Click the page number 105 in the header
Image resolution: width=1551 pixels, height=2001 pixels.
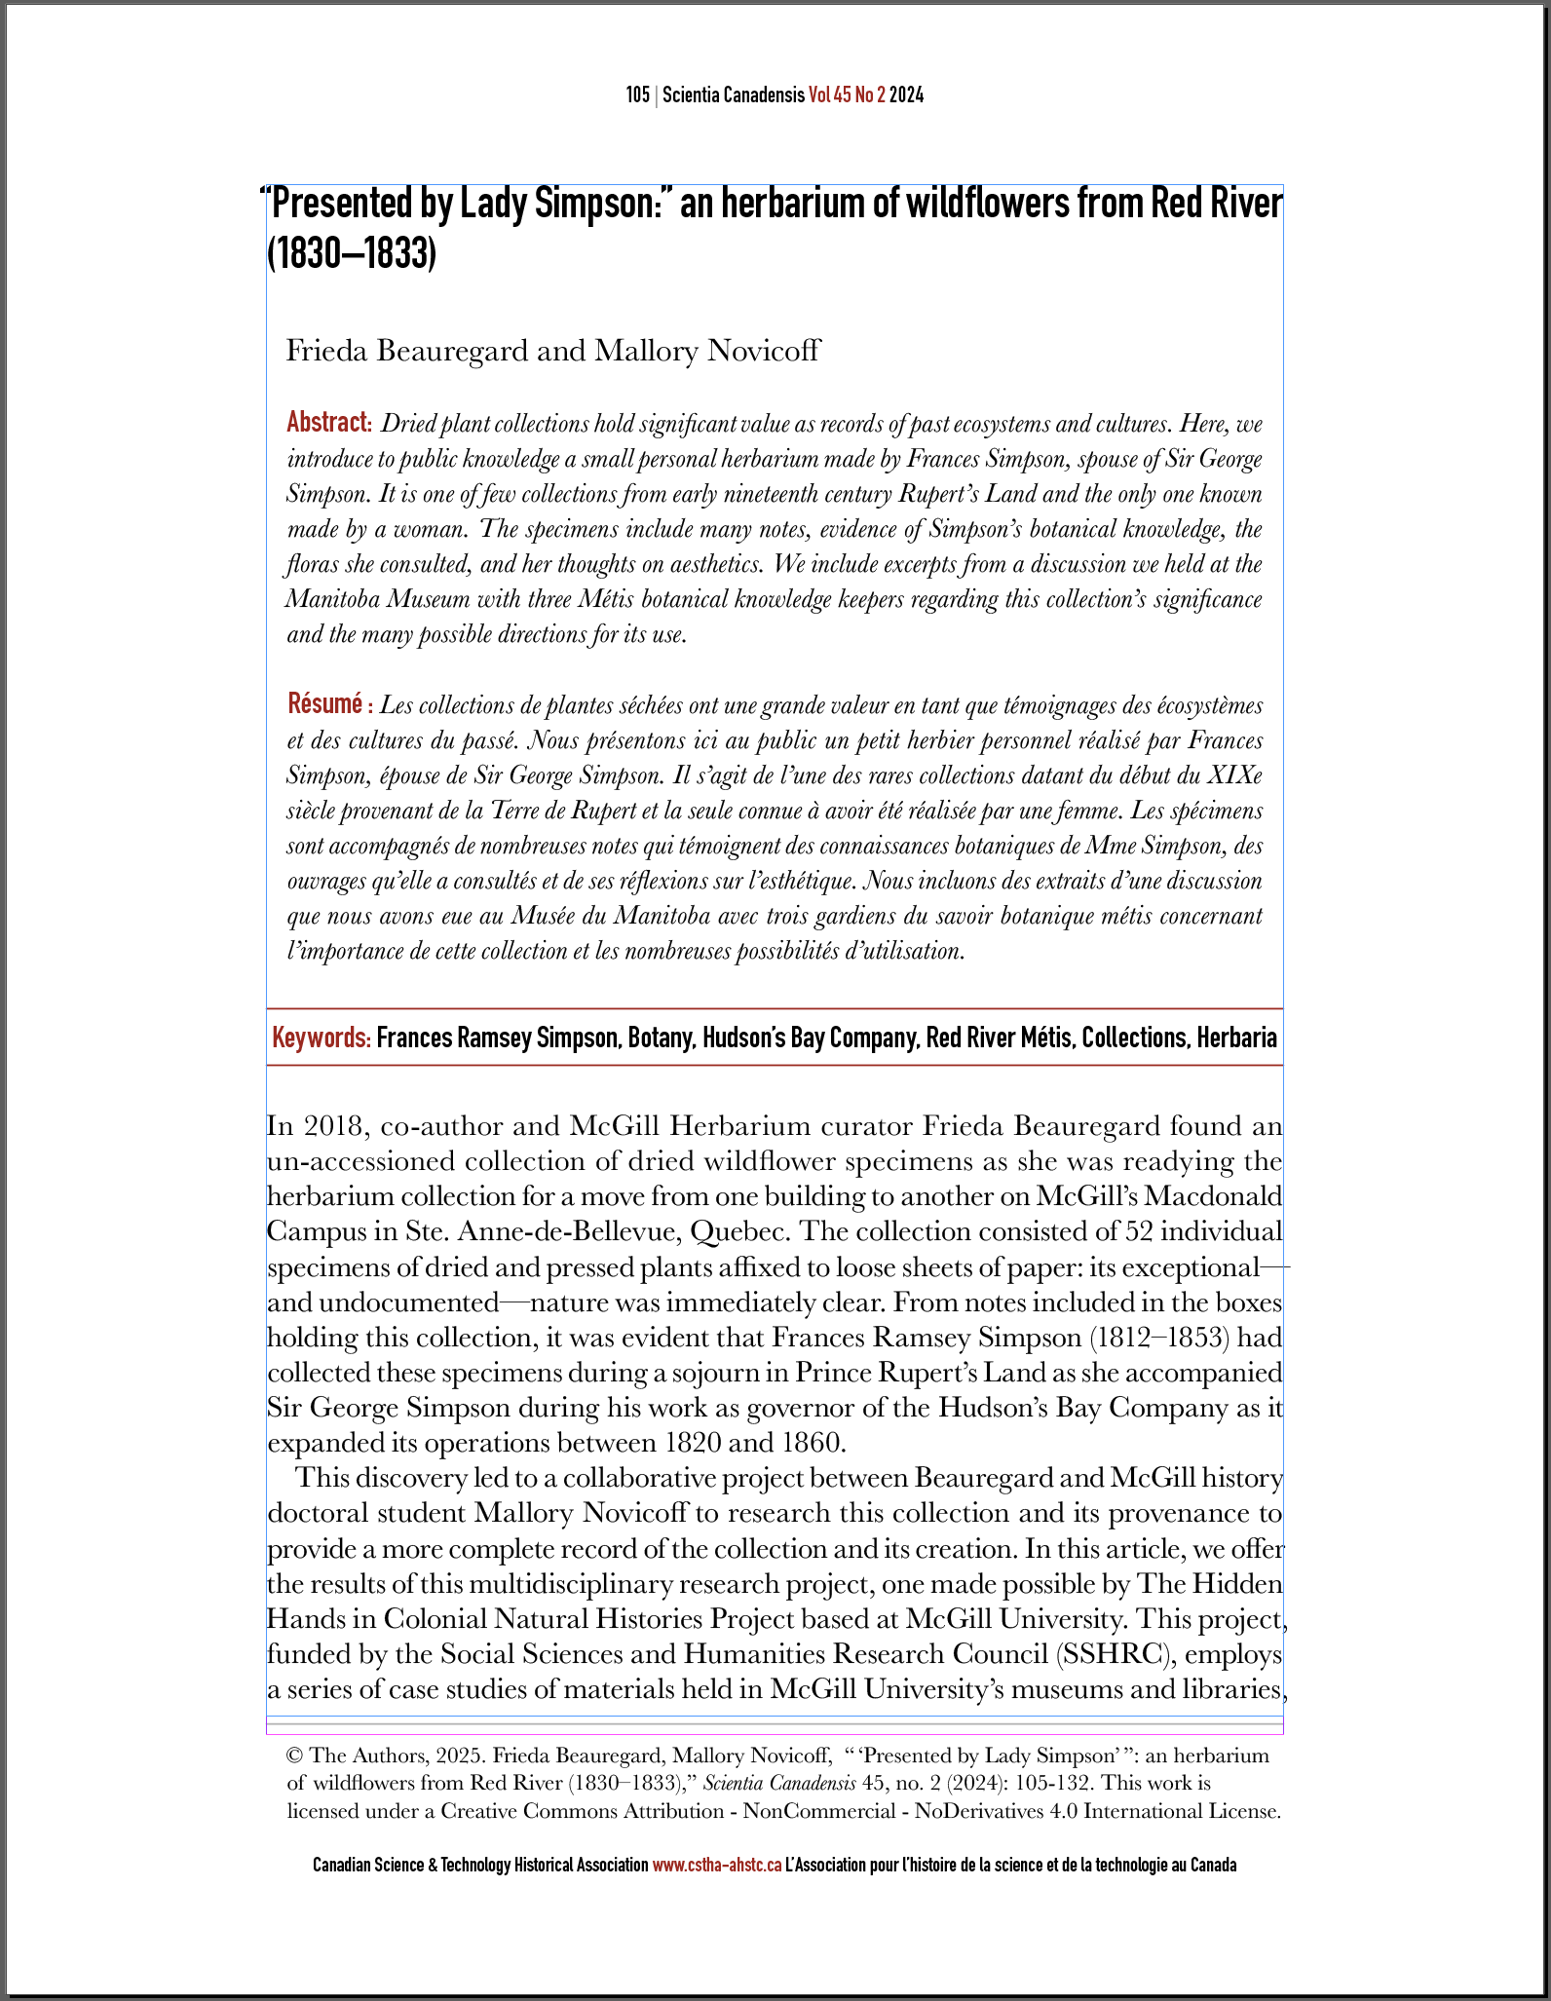(637, 95)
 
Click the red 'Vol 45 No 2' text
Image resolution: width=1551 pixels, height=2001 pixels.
(846, 95)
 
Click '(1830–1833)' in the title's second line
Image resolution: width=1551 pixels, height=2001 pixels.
(352, 254)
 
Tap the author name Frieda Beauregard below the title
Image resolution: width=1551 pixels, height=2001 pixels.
(406, 351)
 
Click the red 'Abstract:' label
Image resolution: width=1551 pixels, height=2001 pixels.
(329, 423)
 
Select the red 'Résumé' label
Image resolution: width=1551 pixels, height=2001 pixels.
(325, 703)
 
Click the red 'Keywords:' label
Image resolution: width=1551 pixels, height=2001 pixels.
(322, 1038)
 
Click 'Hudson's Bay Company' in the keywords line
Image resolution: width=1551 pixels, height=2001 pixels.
(811, 1038)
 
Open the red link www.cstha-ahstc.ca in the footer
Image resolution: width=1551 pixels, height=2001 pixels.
(716, 1866)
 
